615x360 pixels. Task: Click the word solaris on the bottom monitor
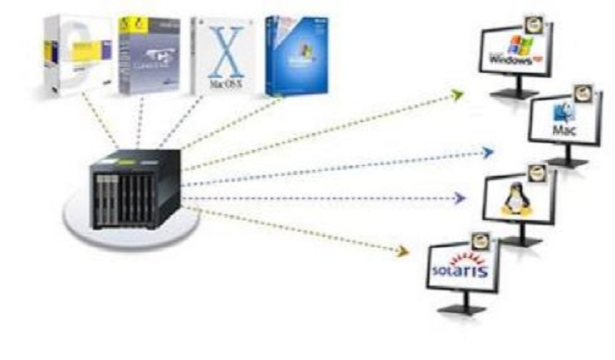(457, 270)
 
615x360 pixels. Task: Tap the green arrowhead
(457, 95)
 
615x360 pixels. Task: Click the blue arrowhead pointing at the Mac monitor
(488, 152)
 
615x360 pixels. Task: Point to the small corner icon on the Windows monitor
(533, 21)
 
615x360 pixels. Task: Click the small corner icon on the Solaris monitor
(481, 241)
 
